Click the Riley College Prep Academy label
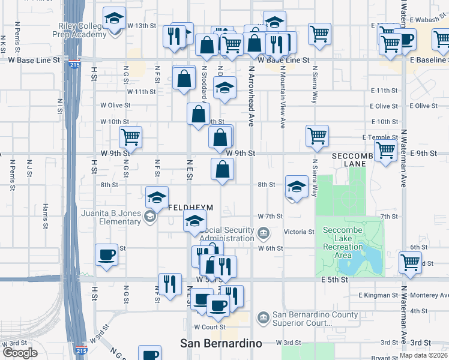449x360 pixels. (x=83, y=30)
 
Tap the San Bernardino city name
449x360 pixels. (x=221, y=343)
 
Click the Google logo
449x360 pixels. (x=20, y=352)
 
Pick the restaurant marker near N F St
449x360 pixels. (x=170, y=284)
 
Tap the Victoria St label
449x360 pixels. (x=303, y=232)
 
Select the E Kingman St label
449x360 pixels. (x=377, y=295)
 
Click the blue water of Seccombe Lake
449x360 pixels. (x=367, y=259)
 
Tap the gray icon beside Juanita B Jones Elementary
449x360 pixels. (x=148, y=216)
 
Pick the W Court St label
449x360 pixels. (x=209, y=327)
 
